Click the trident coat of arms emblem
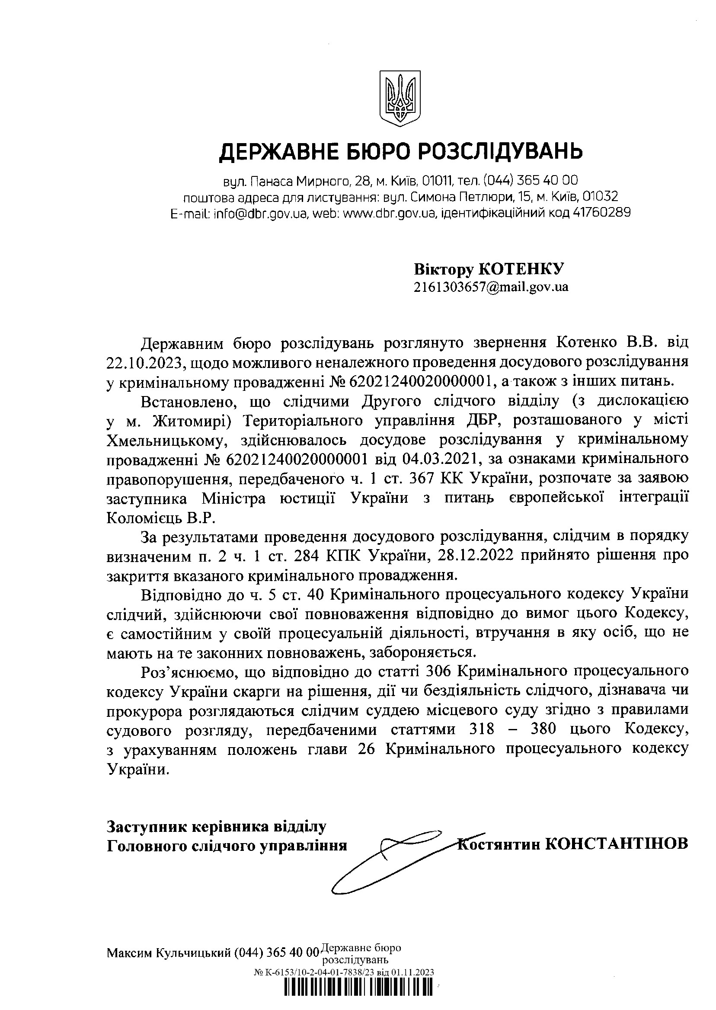pyautogui.click(x=400, y=99)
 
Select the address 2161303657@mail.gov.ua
pyautogui.click(x=491, y=287)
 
